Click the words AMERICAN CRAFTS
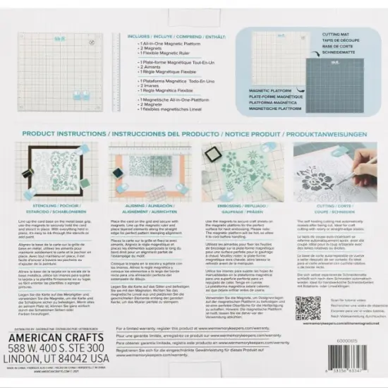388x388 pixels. [x=61, y=338]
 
